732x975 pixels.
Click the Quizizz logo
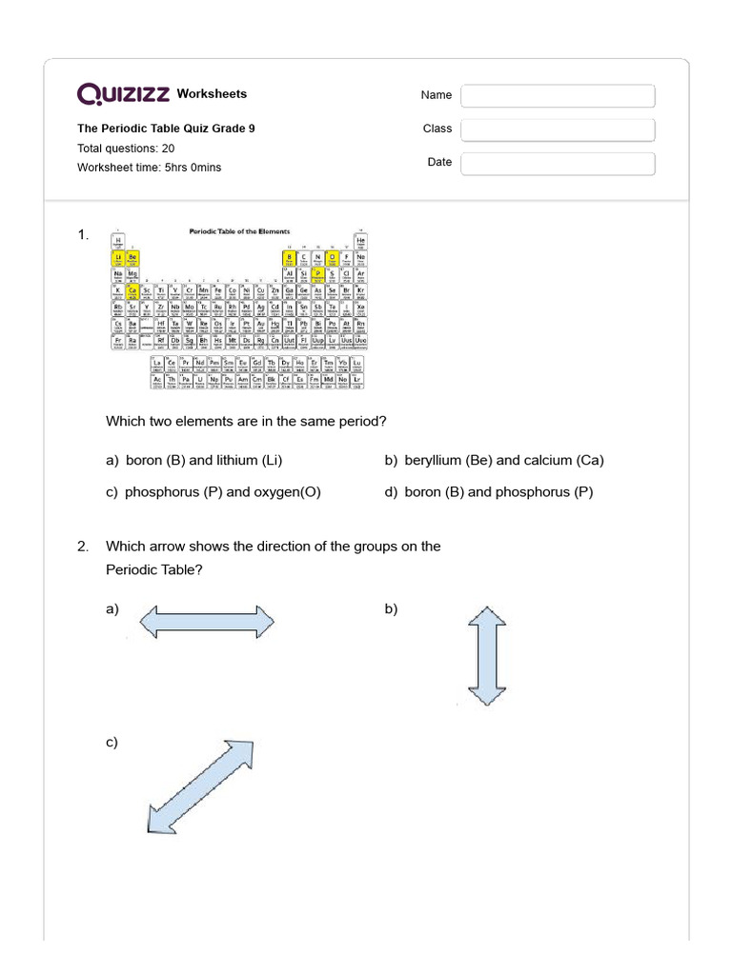point(124,93)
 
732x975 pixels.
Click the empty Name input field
point(558,96)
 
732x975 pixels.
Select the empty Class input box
point(558,129)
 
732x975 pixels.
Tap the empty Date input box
point(558,164)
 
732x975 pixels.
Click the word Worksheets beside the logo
point(212,94)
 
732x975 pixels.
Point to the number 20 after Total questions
point(168,149)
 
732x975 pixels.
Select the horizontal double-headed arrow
point(207,624)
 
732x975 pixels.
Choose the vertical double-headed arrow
point(486,656)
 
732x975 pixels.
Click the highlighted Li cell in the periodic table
point(119,257)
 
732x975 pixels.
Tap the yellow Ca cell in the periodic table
point(132,290)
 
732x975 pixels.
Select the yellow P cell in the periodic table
point(317,273)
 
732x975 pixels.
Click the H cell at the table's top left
point(119,240)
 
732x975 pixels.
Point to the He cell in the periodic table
point(360,240)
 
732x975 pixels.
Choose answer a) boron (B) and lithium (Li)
point(194,461)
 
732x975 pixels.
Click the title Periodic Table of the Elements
point(240,230)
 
